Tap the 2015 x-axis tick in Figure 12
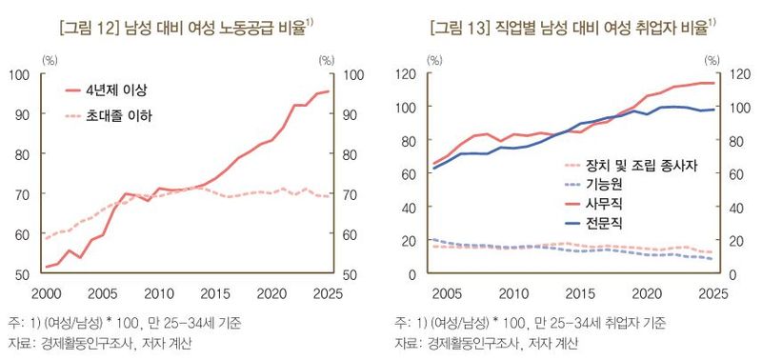pyautogui.click(x=214, y=291)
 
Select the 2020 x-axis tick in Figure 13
pyautogui.click(x=649, y=291)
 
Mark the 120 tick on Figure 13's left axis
pyautogui.click(x=412, y=74)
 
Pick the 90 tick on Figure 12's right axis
pyautogui.click(x=351, y=114)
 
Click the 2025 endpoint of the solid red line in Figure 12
pyautogui.click(x=329, y=91)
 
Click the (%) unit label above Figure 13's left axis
pyautogui.click(x=433, y=60)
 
